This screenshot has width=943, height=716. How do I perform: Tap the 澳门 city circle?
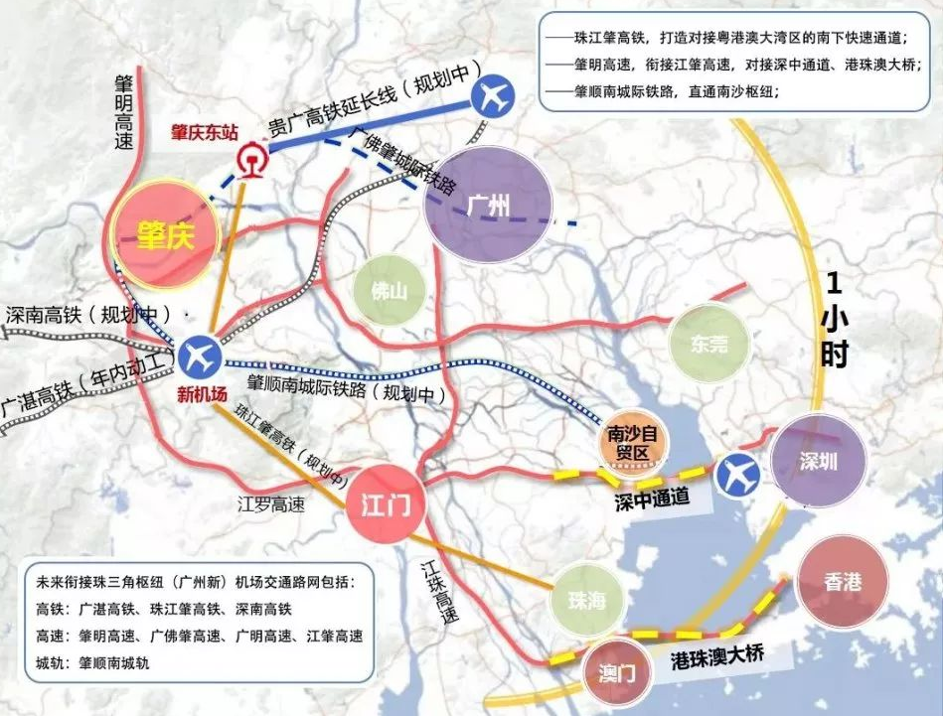pos(616,672)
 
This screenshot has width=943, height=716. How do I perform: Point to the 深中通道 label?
pos(650,500)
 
